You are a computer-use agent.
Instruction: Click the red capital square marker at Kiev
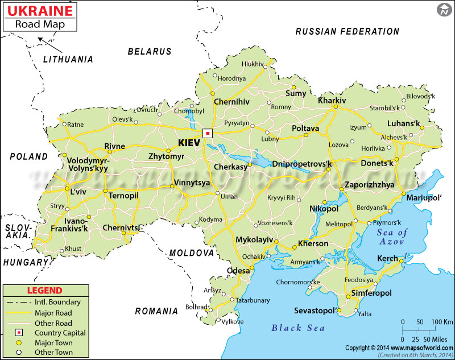coord(208,134)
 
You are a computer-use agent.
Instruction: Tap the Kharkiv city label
coord(332,100)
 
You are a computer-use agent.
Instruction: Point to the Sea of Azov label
coord(392,237)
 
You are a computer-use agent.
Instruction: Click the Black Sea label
coord(298,328)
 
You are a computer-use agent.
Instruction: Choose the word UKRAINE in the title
coord(39,11)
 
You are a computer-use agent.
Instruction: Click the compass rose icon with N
coord(444,10)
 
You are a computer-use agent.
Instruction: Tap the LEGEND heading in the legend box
coord(48,291)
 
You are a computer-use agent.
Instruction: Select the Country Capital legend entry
coord(60,333)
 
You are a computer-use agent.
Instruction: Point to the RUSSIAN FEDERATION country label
coord(347,31)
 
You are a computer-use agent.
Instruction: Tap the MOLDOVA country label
coord(191,253)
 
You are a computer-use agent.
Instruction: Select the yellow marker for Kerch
coord(401,261)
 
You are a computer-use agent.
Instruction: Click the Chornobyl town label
coord(188,111)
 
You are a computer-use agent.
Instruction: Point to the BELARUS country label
coord(149,51)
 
